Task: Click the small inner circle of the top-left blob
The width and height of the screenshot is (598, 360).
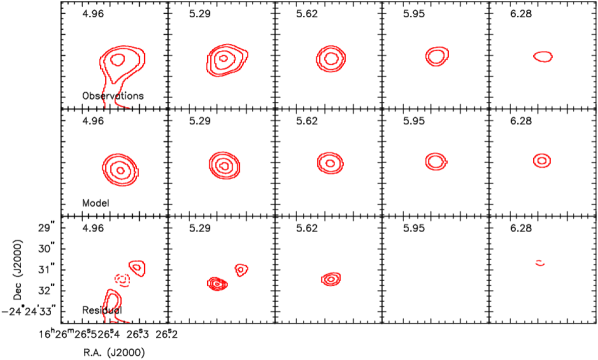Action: (x=118, y=60)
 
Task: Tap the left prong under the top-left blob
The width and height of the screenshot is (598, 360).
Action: (x=104, y=97)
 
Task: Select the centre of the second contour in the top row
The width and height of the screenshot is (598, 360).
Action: (x=226, y=60)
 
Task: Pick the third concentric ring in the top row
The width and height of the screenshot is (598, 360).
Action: (x=330, y=59)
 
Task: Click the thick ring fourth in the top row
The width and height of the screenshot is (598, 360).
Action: (x=436, y=56)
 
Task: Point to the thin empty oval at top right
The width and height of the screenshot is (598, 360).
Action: (x=543, y=57)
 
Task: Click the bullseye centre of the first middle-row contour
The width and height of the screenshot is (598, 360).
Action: (x=120, y=169)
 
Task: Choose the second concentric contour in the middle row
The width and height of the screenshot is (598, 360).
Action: (x=224, y=164)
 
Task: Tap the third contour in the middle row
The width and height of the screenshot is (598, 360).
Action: (x=330, y=162)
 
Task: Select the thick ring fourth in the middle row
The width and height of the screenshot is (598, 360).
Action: (x=436, y=161)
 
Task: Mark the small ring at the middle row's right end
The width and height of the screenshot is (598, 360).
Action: (x=542, y=160)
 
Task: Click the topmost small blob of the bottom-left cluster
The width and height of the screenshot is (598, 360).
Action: (x=137, y=267)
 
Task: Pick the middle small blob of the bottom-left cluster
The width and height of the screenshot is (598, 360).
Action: (x=122, y=280)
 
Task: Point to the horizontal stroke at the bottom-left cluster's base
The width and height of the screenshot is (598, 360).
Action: (x=122, y=321)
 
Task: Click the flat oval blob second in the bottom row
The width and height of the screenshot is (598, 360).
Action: (x=216, y=284)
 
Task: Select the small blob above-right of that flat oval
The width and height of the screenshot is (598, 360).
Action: (x=241, y=269)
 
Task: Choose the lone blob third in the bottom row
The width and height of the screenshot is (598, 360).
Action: (x=331, y=279)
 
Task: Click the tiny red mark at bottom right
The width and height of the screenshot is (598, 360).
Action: (x=540, y=263)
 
